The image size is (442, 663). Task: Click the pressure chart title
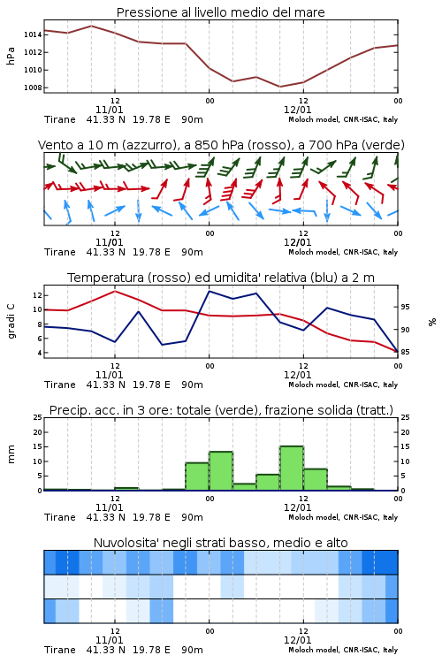(x=220, y=12)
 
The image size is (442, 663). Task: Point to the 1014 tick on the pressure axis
(x=33, y=34)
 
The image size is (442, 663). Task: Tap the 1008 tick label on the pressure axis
(x=33, y=88)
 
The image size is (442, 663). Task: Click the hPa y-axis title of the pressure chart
(x=11, y=56)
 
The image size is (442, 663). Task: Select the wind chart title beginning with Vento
(x=221, y=145)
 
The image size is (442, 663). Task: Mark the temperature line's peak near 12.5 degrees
(x=115, y=291)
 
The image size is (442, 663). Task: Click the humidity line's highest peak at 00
(x=210, y=291)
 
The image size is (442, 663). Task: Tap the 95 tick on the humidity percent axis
(x=405, y=307)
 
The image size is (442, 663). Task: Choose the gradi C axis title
(x=11, y=321)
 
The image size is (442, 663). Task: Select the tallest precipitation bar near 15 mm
(x=292, y=468)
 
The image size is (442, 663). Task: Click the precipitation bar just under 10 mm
(x=197, y=476)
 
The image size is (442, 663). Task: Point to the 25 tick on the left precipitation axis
(x=38, y=417)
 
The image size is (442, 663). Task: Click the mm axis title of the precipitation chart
(x=11, y=454)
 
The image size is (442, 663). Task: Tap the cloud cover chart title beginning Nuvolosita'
(x=220, y=543)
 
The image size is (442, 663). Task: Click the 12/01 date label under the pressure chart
(x=298, y=110)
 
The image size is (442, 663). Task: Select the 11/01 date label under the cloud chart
(x=109, y=640)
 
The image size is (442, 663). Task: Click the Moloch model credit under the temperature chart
(x=343, y=385)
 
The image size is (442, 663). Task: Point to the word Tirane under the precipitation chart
(x=59, y=517)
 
